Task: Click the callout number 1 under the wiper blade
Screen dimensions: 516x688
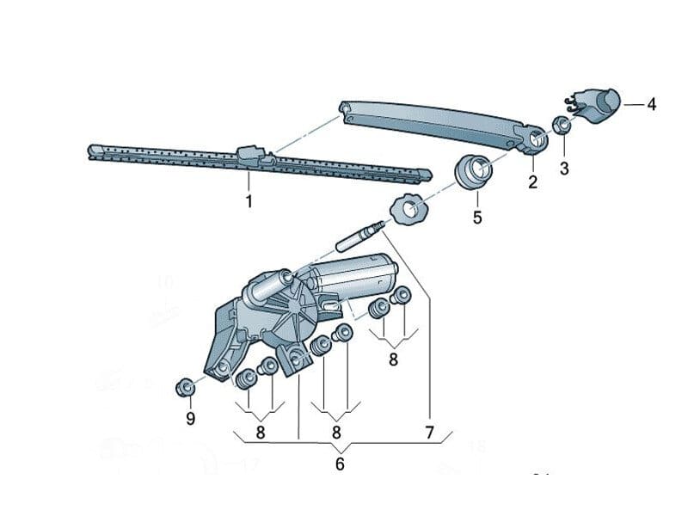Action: coord(249,202)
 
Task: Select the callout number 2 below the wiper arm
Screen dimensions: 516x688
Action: coord(532,181)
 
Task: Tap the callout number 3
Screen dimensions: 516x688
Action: coord(564,169)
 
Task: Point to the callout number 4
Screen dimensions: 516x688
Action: coord(651,105)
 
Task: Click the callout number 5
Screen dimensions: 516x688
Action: coord(477,218)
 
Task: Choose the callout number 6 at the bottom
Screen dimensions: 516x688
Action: coord(340,464)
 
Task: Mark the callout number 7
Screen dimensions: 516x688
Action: coord(428,433)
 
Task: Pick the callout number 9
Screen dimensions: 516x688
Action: coord(191,419)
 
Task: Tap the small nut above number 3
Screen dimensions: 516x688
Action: coord(561,125)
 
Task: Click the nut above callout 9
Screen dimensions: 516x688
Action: coord(184,387)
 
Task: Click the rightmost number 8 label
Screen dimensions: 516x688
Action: coord(393,359)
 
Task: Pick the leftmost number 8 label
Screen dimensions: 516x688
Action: coord(260,433)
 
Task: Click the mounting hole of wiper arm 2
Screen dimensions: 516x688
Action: coord(536,139)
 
